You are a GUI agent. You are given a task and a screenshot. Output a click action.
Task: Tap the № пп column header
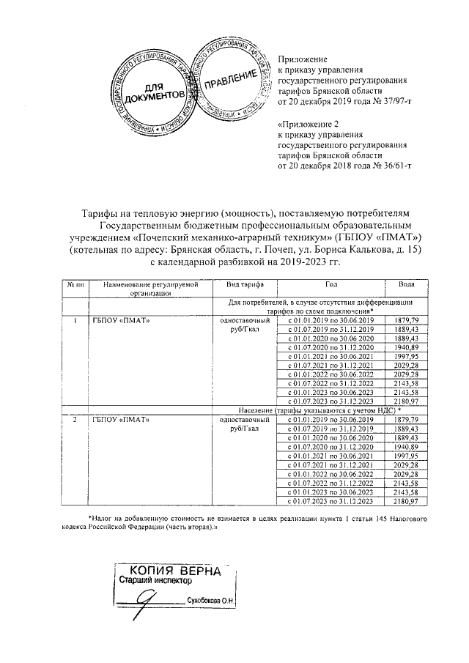[73, 284]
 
